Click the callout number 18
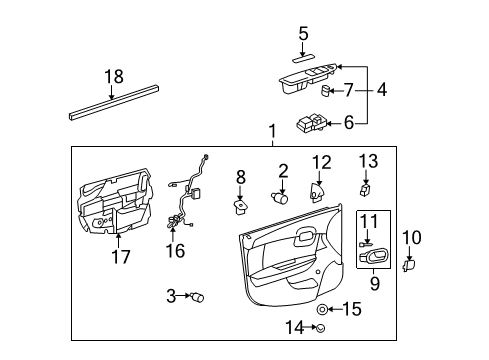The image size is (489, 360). (x=113, y=77)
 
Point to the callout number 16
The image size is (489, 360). (x=175, y=250)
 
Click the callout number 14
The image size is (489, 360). (x=293, y=327)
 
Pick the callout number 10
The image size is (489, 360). (x=419, y=236)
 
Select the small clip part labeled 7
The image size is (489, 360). (x=328, y=91)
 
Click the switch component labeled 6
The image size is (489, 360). (x=310, y=124)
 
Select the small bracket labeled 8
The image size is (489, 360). (x=240, y=203)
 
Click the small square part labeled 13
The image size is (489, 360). (x=367, y=188)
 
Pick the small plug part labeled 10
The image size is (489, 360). (x=408, y=266)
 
